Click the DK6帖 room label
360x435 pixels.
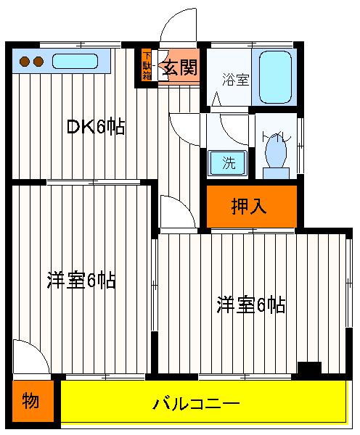96,127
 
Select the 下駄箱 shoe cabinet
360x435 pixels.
147,65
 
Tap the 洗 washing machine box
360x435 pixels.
228,163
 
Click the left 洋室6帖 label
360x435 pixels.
81,281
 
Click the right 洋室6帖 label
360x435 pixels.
250,304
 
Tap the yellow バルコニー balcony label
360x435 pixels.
195,403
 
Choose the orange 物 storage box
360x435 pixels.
31,401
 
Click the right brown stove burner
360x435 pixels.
38,62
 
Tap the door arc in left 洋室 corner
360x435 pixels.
30,357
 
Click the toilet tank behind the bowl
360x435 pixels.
277,173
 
